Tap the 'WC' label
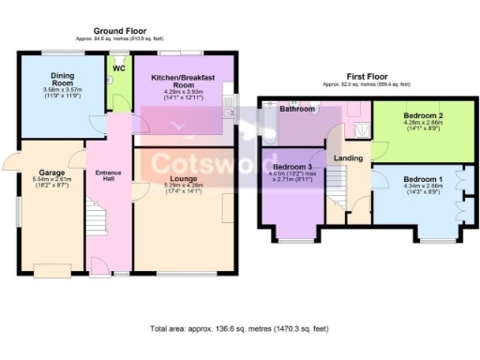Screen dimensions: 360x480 [x=119, y=68]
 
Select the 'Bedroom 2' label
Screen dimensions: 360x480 [x=425, y=114]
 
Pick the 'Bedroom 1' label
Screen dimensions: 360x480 [x=424, y=178]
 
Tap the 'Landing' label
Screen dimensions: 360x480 [x=349, y=158]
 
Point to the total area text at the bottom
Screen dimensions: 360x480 [x=241, y=329]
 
